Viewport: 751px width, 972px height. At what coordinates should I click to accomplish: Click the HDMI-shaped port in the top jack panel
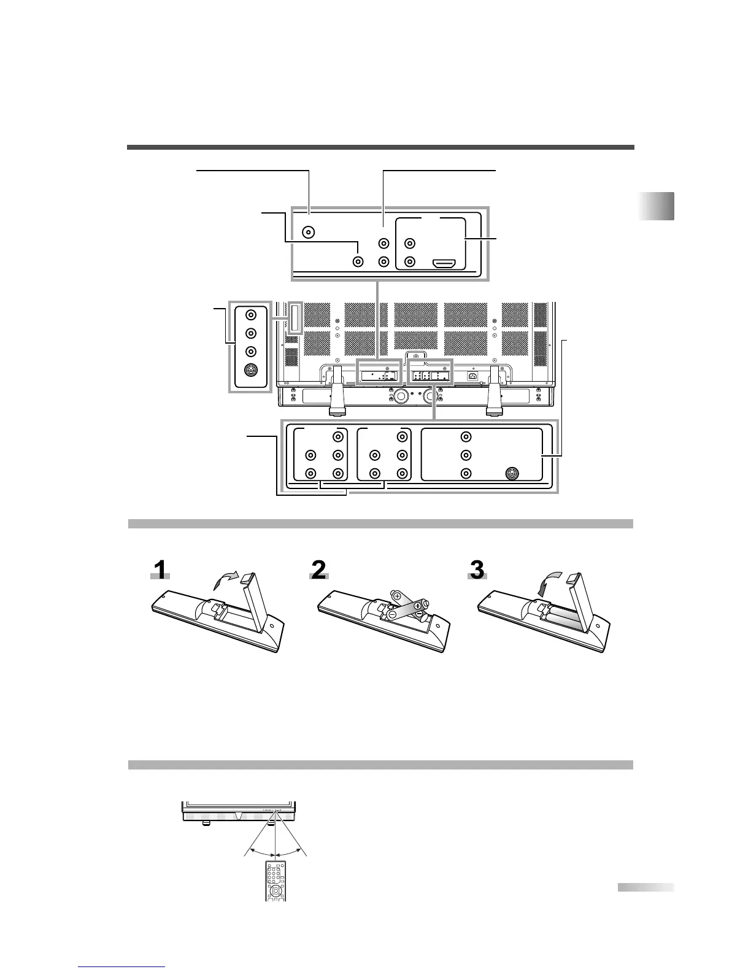[x=443, y=264]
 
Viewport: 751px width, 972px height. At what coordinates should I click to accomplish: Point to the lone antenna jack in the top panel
[x=310, y=233]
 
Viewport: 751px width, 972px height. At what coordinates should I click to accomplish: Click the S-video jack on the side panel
[x=250, y=371]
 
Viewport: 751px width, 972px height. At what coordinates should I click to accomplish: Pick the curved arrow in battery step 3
[x=544, y=585]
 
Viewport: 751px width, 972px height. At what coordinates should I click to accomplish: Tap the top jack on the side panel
[x=250, y=315]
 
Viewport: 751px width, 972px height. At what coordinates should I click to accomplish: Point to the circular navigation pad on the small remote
[x=276, y=890]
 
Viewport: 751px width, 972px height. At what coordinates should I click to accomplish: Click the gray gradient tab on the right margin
[x=656, y=206]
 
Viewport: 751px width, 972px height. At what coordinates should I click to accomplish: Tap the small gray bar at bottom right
[x=645, y=887]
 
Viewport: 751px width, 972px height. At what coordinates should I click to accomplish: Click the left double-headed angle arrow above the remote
[x=260, y=854]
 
